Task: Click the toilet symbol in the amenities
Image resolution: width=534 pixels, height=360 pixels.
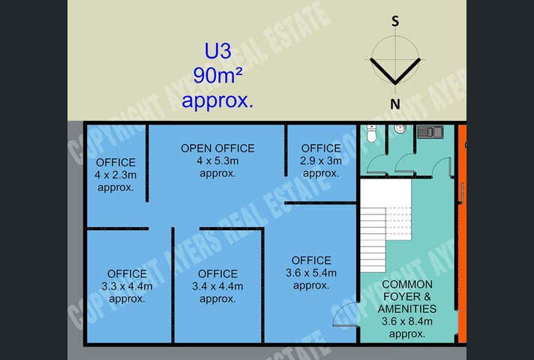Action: point(372,135)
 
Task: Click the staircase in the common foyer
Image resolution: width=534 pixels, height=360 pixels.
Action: point(383,229)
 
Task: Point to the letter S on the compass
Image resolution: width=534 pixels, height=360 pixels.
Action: point(395,21)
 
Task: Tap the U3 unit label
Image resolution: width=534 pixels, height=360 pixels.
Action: point(217,52)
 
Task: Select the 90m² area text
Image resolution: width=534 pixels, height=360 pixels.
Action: point(217,76)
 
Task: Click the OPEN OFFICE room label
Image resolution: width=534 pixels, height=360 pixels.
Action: point(217,148)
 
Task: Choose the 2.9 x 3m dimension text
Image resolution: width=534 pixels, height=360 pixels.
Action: point(322,160)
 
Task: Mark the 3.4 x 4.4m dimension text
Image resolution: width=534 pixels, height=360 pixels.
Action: point(217,286)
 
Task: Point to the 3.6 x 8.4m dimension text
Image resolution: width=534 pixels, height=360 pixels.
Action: point(407,322)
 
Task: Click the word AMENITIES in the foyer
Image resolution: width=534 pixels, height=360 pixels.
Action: point(408,308)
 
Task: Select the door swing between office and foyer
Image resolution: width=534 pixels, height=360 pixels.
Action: point(344,317)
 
